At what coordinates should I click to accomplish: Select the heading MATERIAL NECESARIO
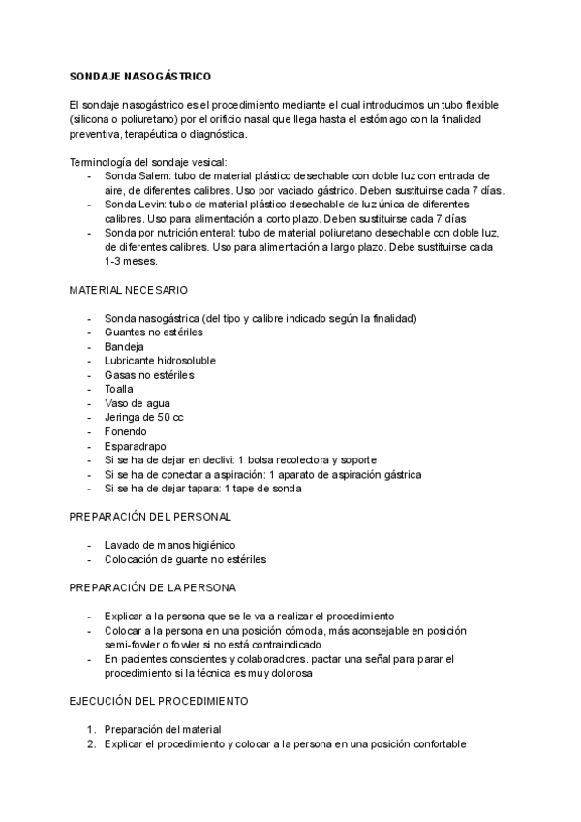(x=129, y=290)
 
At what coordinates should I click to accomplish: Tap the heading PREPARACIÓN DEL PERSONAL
(x=150, y=517)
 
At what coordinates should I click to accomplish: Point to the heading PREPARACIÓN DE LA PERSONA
(x=153, y=587)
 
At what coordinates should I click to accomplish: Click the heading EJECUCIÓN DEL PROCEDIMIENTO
(x=160, y=700)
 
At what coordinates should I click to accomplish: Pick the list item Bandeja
(x=124, y=346)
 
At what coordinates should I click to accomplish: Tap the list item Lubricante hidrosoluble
(x=160, y=361)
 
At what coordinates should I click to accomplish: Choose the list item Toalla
(x=119, y=389)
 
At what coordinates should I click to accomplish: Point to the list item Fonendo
(x=126, y=431)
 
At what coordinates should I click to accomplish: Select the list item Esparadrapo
(x=135, y=446)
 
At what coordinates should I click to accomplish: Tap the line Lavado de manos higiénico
(x=169, y=545)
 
